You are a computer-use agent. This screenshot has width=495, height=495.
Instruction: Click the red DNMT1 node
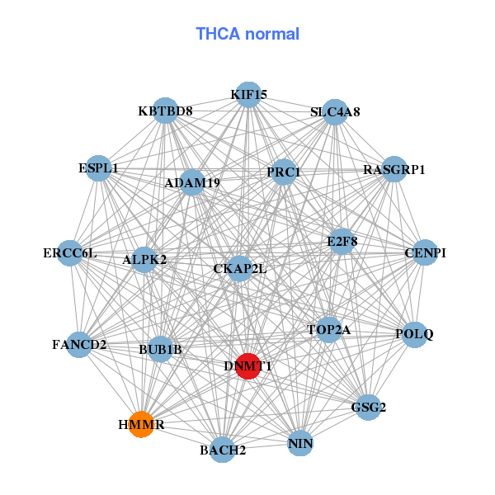point(248,365)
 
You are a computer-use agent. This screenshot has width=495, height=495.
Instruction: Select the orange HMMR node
point(142,424)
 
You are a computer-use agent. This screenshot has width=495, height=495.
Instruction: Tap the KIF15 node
point(248,95)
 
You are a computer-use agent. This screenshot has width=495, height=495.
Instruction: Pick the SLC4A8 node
point(334,111)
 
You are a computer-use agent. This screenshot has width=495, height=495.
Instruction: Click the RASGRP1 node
point(394,170)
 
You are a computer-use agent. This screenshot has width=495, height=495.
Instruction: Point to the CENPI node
point(420,253)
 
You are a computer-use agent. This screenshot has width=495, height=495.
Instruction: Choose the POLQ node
point(414,334)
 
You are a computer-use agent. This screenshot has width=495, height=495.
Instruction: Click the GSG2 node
point(367,407)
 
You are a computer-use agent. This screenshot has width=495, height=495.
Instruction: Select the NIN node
point(300,445)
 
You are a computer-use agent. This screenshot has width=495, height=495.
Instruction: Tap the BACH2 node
point(222,450)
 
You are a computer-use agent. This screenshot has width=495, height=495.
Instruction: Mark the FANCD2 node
point(79,344)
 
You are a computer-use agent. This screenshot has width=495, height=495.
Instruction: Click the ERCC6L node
point(70,252)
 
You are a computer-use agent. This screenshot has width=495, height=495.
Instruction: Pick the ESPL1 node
point(99,168)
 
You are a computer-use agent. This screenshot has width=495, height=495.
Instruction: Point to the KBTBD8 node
point(166,111)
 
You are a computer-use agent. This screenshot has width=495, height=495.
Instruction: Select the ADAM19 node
point(192,182)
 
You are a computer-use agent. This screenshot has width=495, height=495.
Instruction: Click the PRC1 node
point(284,172)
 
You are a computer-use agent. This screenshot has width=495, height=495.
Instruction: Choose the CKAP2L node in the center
point(239,268)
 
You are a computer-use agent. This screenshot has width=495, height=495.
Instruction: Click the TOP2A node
point(329,330)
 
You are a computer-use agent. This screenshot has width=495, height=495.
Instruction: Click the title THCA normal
point(247,34)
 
